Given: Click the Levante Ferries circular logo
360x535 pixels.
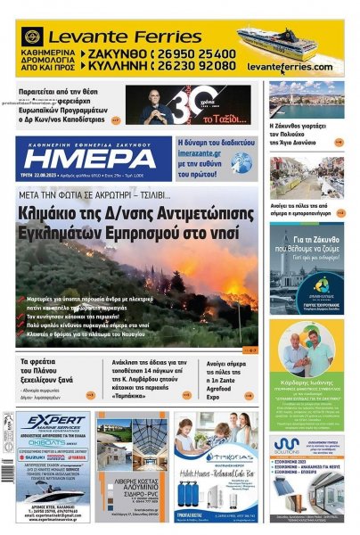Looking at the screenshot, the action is click(33, 37).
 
